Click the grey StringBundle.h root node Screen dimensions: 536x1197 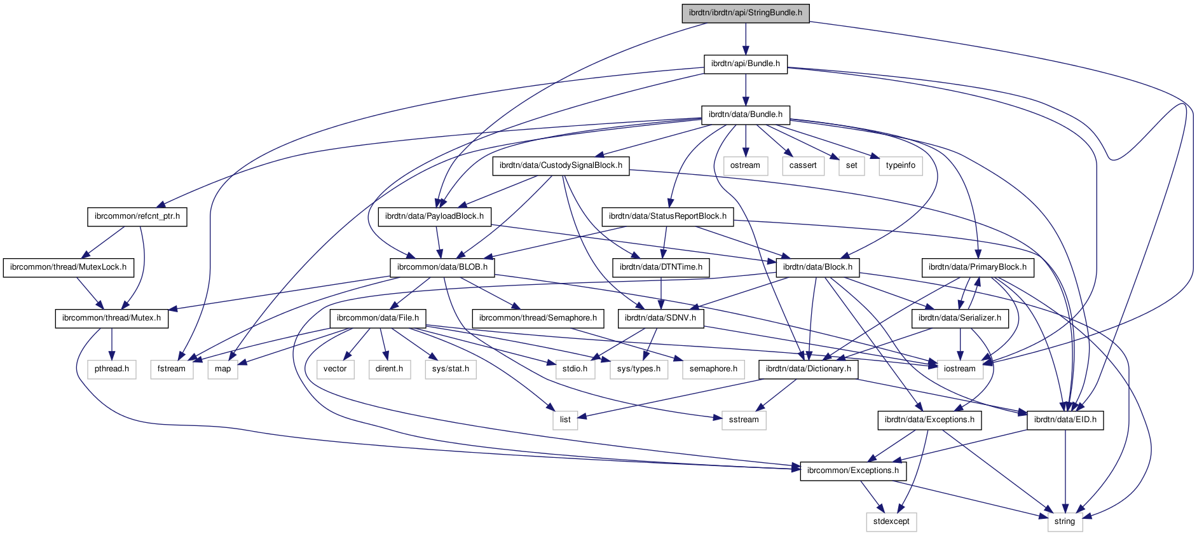click(x=746, y=13)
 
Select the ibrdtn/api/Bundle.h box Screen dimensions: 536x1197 click(x=745, y=64)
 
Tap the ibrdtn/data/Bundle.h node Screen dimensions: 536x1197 click(x=745, y=114)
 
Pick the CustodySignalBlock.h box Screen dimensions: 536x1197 click(x=561, y=165)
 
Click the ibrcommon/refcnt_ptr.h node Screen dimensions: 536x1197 click(x=137, y=216)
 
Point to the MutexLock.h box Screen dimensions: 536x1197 click(x=68, y=267)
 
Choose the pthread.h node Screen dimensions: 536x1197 click(x=112, y=369)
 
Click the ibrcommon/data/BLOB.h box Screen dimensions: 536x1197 click(x=442, y=267)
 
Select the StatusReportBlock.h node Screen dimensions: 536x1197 click(x=667, y=216)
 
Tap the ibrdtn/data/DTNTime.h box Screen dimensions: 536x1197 click(x=661, y=267)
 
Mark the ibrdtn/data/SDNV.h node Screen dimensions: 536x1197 click(x=660, y=318)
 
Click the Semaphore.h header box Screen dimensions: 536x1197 click(x=538, y=318)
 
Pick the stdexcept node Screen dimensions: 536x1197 click(x=891, y=521)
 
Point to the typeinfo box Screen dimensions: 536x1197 click(x=900, y=165)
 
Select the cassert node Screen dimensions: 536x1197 click(x=803, y=165)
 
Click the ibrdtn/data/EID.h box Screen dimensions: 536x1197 click(x=1065, y=420)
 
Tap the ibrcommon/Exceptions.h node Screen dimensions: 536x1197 click(x=852, y=471)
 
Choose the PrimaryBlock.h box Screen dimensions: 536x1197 click(x=977, y=267)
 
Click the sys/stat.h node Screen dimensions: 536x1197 click(x=451, y=369)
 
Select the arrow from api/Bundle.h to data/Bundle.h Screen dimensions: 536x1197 click(x=745, y=89)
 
